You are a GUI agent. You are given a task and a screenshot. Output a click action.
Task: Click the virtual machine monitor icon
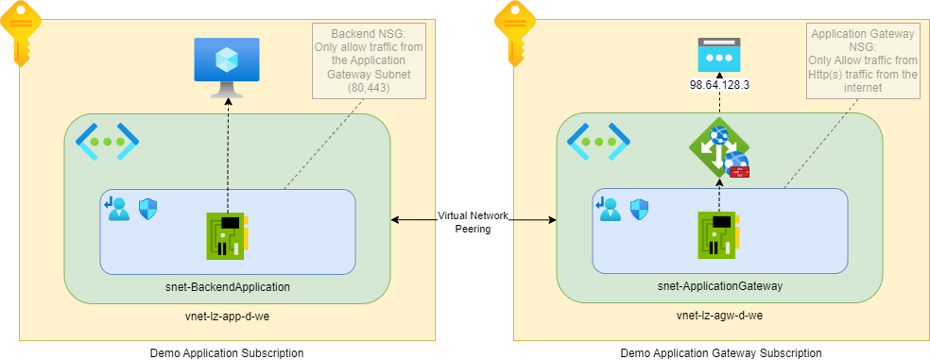tap(227, 65)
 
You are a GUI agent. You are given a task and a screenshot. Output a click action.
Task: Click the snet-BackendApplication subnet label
tap(226, 285)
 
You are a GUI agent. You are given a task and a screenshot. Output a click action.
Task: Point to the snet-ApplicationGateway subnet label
tap(718, 285)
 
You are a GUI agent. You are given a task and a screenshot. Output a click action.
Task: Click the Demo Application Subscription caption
tap(227, 352)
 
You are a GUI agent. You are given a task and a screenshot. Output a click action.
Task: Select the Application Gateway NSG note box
tap(864, 60)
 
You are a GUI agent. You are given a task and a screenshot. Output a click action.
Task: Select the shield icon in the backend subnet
tap(147, 209)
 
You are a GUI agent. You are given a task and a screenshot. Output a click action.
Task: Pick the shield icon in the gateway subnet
tap(640, 209)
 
